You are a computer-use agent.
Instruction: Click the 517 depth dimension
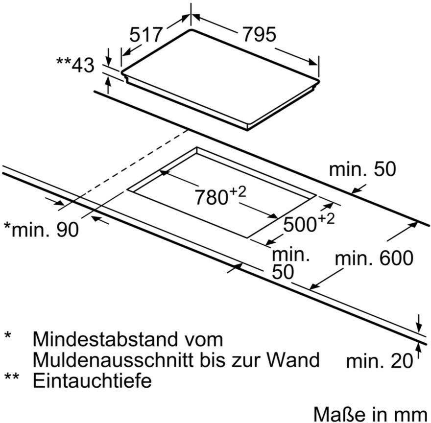(x=146, y=35)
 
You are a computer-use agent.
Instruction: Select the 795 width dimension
(x=259, y=35)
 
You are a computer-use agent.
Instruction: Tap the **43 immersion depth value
(x=75, y=65)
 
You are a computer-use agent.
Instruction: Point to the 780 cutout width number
(x=212, y=197)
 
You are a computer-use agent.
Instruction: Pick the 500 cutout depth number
(x=300, y=224)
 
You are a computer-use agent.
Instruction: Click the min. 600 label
(x=374, y=258)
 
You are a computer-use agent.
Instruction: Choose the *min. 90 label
(x=41, y=229)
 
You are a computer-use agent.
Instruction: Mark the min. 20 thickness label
(x=379, y=361)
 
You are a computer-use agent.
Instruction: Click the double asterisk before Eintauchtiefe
(x=12, y=376)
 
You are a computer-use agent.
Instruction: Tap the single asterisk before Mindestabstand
(x=8, y=335)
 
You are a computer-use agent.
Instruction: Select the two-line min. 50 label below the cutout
(x=291, y=263)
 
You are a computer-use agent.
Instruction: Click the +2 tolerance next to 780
(x=238, y=192)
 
